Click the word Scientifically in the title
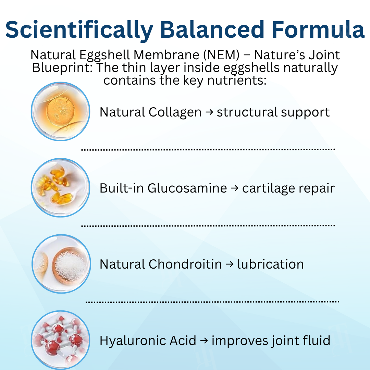[79, 29]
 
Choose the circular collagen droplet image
[61, 112]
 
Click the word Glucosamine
[187, 188]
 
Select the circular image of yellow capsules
[61, 188]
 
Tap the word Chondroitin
[185, 264]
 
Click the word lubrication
[270, 264]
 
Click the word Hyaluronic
[131, 341]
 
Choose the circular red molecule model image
[61, 340]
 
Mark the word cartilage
[269, 188]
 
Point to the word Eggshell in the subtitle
[110, 55]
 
